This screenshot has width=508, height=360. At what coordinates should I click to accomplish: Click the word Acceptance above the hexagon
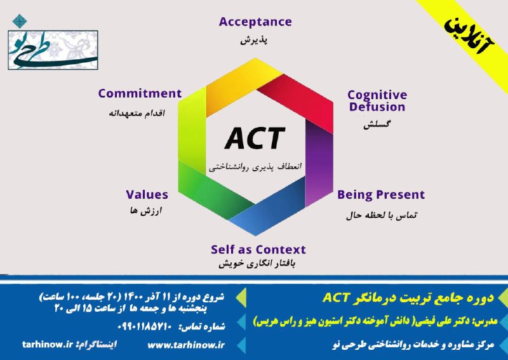click(x=255, y=22)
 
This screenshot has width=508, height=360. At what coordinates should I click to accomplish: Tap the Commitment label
click(x=140, y=93)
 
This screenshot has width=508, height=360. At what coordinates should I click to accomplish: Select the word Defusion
click(x=377, y=107)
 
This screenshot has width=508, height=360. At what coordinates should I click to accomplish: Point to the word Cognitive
click(x=377, y=95)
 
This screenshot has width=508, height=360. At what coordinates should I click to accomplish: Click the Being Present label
click(x=381, y=195)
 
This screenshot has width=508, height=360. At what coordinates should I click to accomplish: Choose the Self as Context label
click(x=258, y=250)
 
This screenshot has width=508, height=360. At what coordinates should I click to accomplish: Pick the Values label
click(x=147, y=195)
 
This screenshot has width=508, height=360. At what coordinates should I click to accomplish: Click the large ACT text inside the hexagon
click(x=255, y=138)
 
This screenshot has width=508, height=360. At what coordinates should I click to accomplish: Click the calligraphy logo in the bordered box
click(x=53, y=50)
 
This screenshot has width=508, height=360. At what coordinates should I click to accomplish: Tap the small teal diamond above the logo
click(x=20, y=21)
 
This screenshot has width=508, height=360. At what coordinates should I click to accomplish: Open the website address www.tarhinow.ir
click(x=186, y=345)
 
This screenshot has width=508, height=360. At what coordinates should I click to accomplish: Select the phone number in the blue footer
click(x=144, y=326)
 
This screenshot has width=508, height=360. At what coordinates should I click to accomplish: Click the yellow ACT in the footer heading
click(x=337, y=297)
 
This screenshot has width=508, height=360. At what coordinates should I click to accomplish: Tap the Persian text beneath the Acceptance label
click(x=254, y=40)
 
